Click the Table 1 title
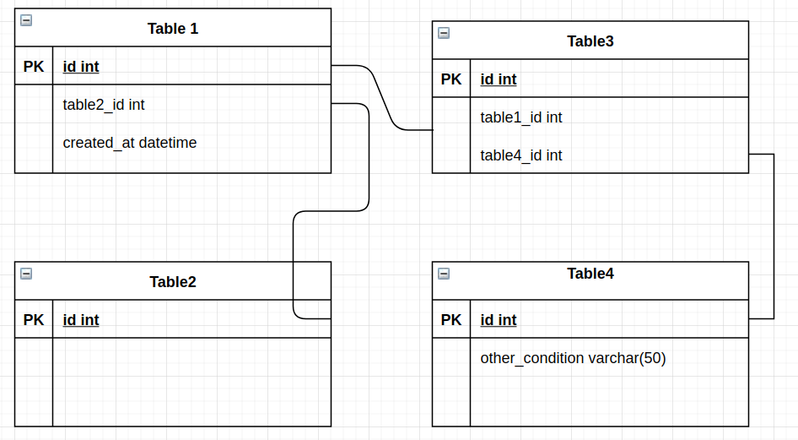tap(173, 29)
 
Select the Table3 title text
tap(590, 41)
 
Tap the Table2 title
tap(173, 282)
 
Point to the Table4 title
tap(590, 274)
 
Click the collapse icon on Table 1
tap(26, 20)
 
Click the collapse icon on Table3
tap(444, 33)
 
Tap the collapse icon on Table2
tap(26, 274)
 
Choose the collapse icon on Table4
tap(444, 274)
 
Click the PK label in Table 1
tap(34, 67)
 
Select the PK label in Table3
tap(451, 79)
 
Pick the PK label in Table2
tap(34, 320)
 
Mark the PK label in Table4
tap(451, 320)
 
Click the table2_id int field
tap(104, 105)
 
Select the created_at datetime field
tap(130, 143)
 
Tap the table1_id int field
tap(521, 117)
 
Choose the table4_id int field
tap(521, 155)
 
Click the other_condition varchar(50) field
tap(574, 358)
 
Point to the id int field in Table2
tap(81, 320)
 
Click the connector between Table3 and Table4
tap(774, 236)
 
